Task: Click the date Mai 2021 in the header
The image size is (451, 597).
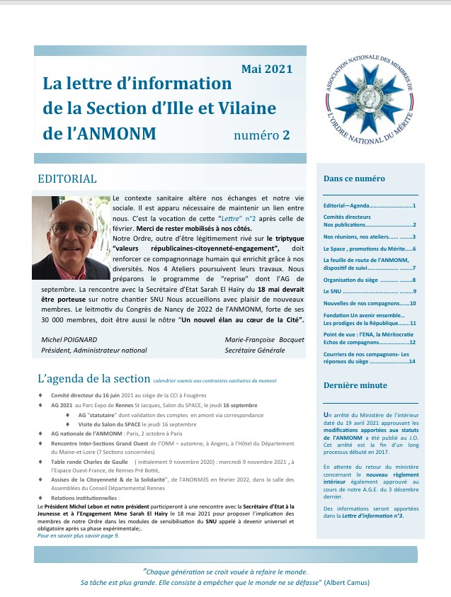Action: (266, 69)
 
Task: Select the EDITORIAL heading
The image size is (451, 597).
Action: (67, 178)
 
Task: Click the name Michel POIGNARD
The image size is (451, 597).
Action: (71, 340)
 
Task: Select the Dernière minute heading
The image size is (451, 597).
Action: (355, 385)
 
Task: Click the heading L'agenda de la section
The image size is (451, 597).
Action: (93, 380)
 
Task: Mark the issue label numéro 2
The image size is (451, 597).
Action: (262, 135)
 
